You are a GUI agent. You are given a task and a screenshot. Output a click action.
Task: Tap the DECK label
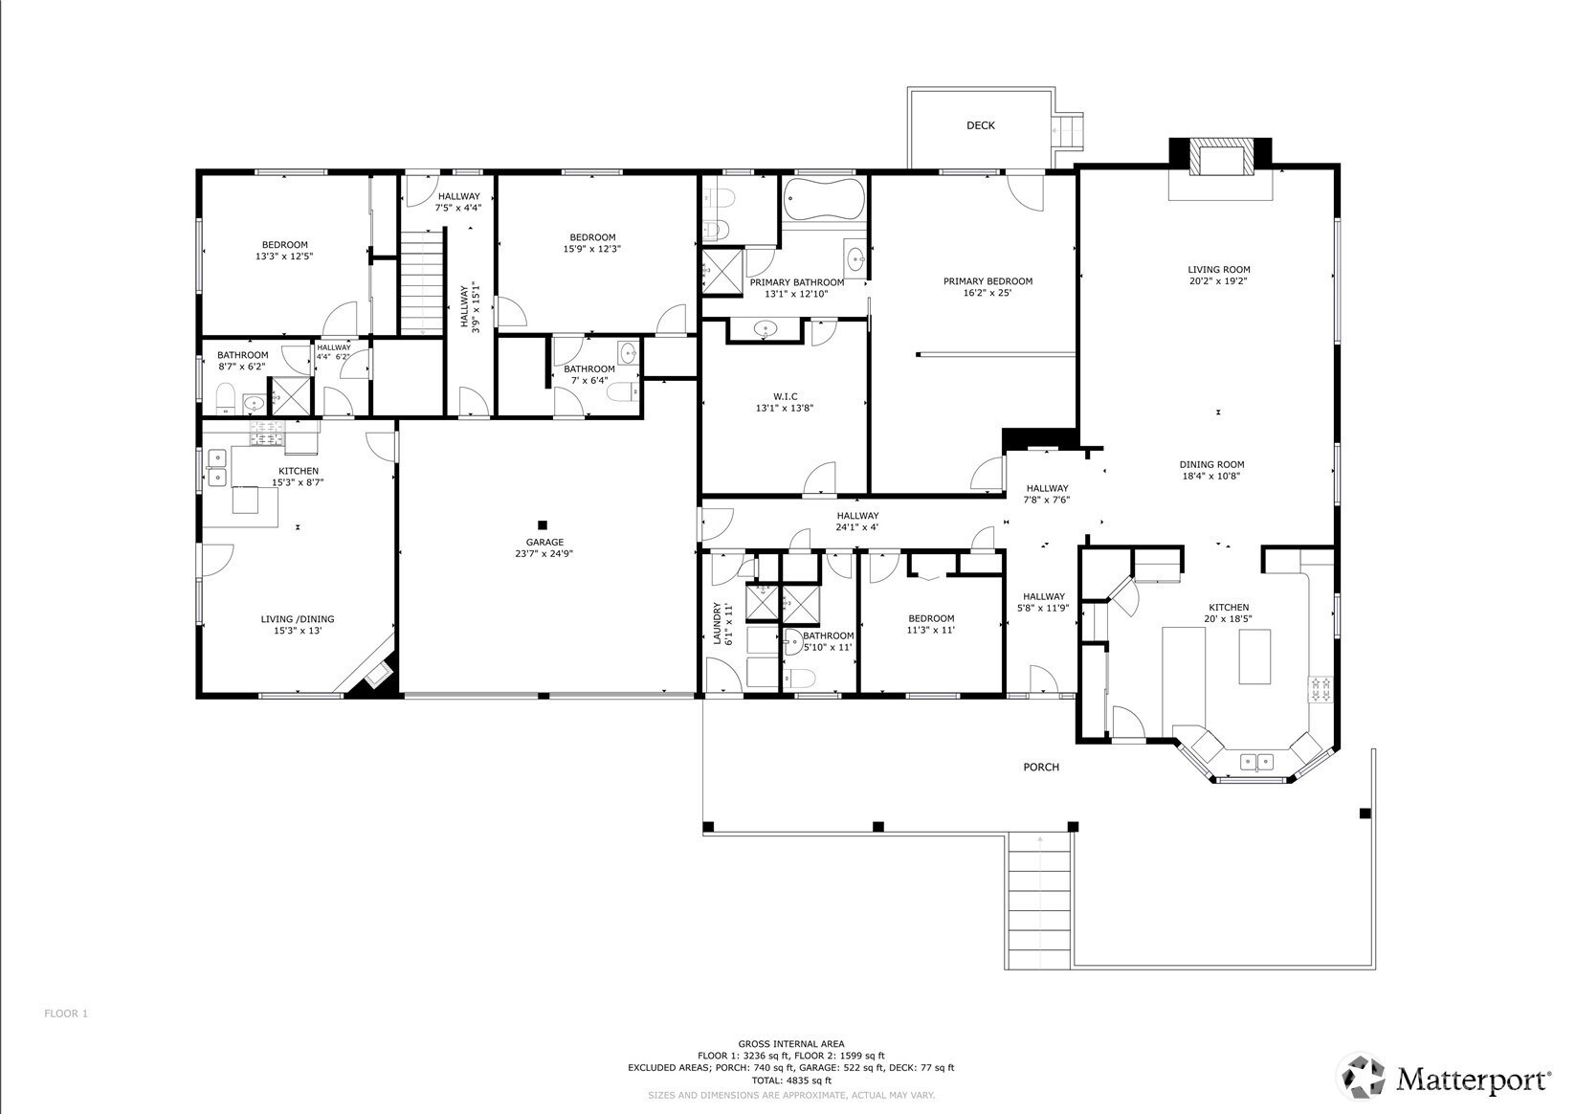click(x=980, y=125)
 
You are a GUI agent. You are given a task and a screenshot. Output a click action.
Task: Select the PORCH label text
click(x=1041, y=767)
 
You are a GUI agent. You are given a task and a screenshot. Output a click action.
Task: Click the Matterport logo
click(x=1444, y=1079)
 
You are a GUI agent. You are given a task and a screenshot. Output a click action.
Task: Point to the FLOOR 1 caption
click(x=66, y=1014)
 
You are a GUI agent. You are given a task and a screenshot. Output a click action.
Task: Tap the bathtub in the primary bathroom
click(x=823, y=199)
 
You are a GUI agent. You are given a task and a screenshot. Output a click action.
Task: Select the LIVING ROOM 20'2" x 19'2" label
click(x=1218, y=276)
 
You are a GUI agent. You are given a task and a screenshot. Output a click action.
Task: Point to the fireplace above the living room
click(x=1220, y=158)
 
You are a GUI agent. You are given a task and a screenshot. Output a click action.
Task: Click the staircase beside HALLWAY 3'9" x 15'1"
click(x=422, y=281)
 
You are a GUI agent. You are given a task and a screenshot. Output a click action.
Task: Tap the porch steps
click(x=1039, y=900)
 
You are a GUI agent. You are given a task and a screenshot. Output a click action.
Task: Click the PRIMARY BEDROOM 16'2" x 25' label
click(x=988, y=287)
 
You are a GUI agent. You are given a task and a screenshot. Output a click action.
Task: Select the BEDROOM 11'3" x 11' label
click(x=930, y=624)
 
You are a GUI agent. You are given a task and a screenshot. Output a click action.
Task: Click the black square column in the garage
click(x=543, y=524)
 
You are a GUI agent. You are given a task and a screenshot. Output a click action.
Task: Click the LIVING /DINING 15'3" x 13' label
click(x=297, y=624)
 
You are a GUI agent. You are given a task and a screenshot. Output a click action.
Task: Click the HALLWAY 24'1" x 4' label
click(x=856, y=522)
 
